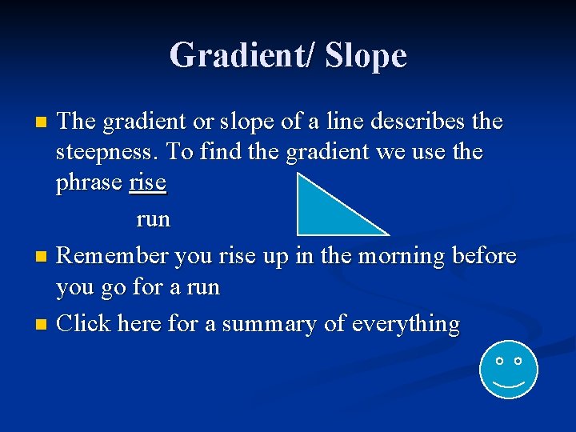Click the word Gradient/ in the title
point(241,56)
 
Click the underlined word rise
point(147,182)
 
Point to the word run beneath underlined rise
point(153,218)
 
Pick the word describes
point(408,122)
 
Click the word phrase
point(90,183)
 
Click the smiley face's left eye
point(499,362)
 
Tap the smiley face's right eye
point(518,362)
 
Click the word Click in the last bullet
point(85,324)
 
